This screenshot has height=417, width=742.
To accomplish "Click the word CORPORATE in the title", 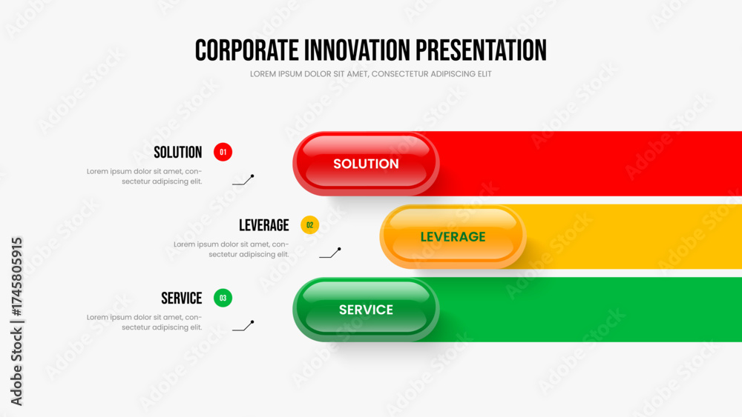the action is pos(246,50).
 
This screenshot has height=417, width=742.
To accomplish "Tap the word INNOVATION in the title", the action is pos(358,50).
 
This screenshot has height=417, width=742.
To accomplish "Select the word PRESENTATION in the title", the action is pos(482,50).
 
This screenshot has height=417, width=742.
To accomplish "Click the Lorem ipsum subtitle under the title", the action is pos(370,74).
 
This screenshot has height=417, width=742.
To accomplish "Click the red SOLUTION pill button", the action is pos(366,164).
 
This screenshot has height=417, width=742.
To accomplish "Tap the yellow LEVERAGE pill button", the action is pos(453,236).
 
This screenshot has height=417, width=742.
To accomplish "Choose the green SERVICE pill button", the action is pos(366,310).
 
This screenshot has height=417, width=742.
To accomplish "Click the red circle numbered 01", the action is pos(223,152).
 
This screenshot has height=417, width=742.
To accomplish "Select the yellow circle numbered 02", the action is pos(310,224).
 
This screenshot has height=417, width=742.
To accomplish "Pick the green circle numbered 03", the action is pos(223,298).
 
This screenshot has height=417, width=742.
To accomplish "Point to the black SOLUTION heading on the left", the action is pos(178,152).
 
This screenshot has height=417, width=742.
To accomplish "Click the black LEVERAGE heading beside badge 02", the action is pos(264,225).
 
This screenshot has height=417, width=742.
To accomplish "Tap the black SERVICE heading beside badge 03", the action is pos(182,298).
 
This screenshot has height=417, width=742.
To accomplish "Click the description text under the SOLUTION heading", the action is pos(145,176).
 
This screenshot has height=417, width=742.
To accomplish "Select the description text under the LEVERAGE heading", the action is pos(232,250).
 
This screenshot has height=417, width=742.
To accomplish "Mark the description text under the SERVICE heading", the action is pos(145,322).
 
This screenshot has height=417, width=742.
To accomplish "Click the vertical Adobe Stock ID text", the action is pos(16,321).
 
